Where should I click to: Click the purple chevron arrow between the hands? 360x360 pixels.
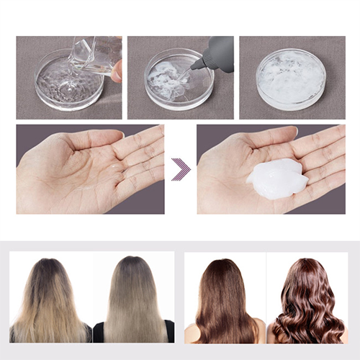(x=181, y=169)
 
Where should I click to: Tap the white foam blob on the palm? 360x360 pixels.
(x=277, y=179)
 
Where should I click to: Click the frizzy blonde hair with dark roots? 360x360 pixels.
(x=49, y=302)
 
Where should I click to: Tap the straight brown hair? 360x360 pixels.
(x=224, y=302)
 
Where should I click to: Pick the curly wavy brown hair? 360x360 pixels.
(x=308, y=302)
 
